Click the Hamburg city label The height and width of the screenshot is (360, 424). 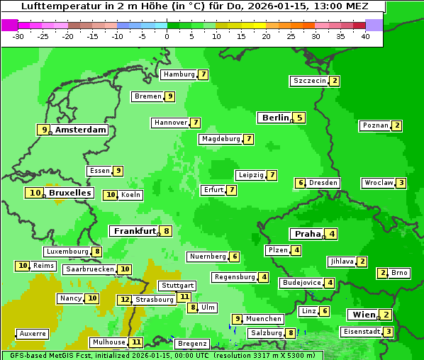point(179,74)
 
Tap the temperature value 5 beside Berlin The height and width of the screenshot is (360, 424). point(300,118)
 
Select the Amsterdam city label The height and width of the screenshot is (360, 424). point(81,130)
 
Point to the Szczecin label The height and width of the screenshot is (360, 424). point(310,81)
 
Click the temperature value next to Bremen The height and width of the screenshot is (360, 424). point(169,96)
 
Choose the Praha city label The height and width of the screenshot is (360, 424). point(308,234)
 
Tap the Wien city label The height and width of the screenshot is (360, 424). point(362,315)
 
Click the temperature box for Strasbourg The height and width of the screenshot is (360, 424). point(125,300)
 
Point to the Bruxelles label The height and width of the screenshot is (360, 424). point(69,193)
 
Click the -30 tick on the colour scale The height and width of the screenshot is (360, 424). point(18,36)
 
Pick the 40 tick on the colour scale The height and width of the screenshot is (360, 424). point(365,36)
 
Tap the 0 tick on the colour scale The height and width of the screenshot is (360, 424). point(167,36)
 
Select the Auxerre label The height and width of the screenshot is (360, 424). point(33,333)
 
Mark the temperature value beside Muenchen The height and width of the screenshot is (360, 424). point(238,319)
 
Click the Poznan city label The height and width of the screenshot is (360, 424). point(375,125)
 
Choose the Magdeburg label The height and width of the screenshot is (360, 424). point(221,139)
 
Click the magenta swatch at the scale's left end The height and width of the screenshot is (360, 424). point(10,25)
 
